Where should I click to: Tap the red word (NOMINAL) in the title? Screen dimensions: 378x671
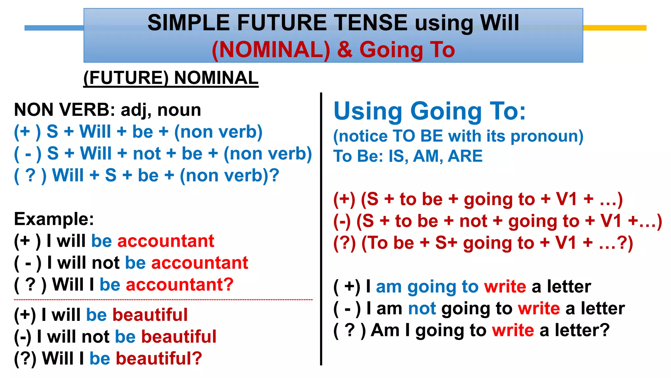tap(271, 50)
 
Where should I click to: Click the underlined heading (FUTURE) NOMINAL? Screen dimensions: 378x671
tap(171, 78)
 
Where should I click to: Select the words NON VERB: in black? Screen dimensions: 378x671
tap(64, 110)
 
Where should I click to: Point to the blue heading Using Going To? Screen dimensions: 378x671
tap(429, 111)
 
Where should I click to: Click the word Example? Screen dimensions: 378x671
tap(54, 219)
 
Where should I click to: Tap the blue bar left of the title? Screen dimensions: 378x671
tap(54, 28)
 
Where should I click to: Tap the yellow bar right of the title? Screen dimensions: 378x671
tap(614, 28)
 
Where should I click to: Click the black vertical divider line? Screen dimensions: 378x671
tap(321, 230)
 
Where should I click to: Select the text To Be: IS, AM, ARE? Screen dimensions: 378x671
tap(408, 156)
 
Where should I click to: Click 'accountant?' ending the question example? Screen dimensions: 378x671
tap(180, 284)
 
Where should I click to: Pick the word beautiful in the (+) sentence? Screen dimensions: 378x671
tap(150, 315)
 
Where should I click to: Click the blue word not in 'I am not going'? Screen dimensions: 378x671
tap(422, 309)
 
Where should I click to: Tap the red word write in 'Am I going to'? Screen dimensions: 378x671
tap(513, 330)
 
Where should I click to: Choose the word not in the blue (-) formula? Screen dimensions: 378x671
tap(147, 154)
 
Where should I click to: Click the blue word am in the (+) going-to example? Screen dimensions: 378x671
tap(389, 287)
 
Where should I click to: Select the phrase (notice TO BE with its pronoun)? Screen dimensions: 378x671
tap(458, 136)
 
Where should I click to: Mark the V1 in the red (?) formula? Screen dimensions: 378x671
tap(566, 243)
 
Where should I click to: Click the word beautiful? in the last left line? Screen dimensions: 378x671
tap(159, 358)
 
